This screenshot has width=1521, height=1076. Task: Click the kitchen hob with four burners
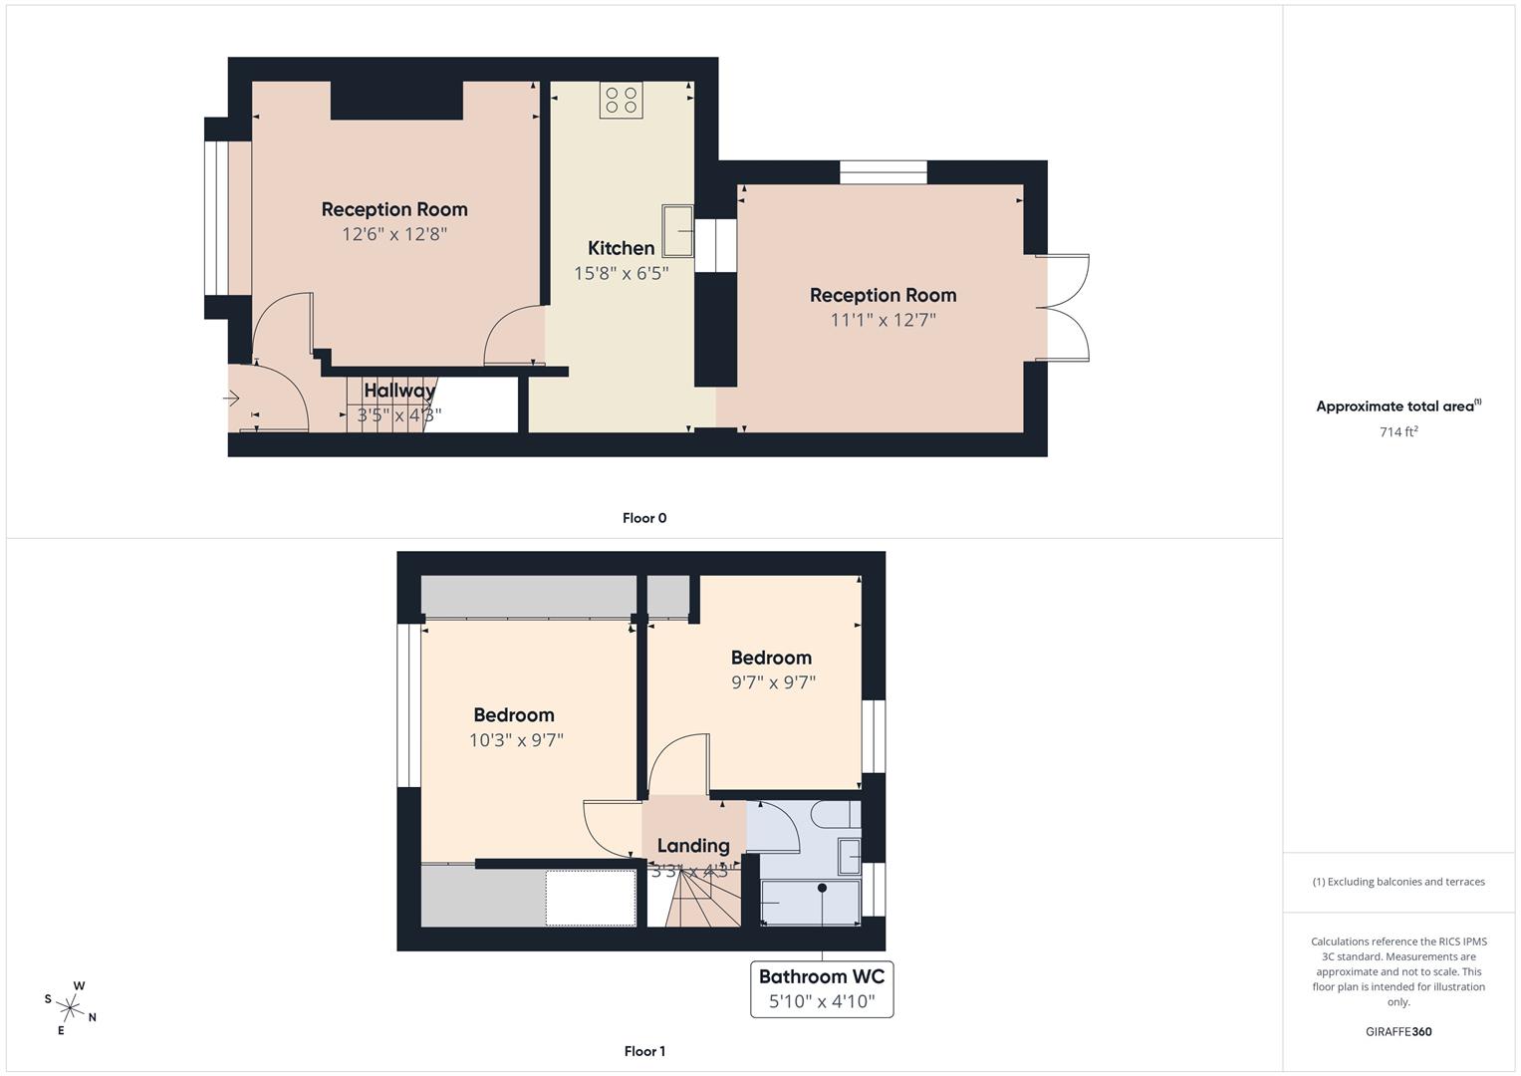point(622,100)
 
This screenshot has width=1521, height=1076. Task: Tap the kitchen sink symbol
point(678,231)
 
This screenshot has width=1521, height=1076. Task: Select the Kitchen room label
point(621,248)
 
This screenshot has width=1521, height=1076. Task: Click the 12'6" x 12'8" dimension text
point(394,234)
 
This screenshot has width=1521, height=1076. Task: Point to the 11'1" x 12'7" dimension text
point(883,320)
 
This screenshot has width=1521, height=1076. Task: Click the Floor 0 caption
point(644,518)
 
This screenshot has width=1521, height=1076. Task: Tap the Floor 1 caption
point(644,1051)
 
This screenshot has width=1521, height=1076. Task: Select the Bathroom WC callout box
point(822,988)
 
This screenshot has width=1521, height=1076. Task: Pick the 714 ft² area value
point(1398,431)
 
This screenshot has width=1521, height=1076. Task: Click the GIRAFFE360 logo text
point(1398,1031)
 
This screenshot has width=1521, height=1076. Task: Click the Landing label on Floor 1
point(693,846)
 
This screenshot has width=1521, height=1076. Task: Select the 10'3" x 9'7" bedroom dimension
point(516,740)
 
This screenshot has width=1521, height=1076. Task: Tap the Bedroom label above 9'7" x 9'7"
point(771,658)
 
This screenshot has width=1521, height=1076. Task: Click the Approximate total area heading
point(1398,406)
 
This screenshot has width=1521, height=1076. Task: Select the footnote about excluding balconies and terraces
point(1398,882)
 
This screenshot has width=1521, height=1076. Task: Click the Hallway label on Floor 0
point(399,391)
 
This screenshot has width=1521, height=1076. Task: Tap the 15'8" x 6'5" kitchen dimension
point(621,273)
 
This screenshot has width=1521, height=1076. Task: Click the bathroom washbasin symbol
point(850,855)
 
